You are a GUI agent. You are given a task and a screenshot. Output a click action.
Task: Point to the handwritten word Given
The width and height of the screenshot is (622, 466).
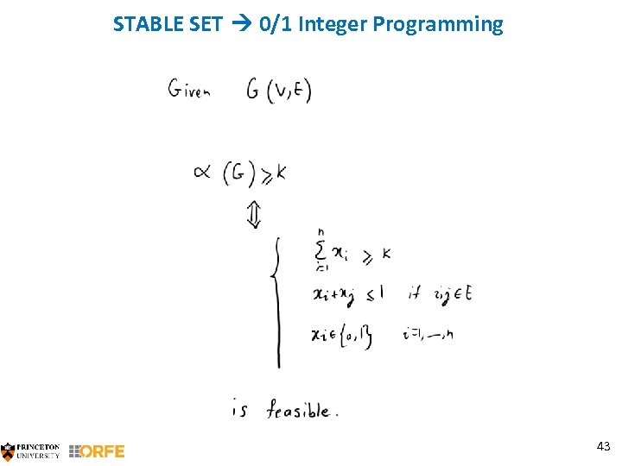point(189,89)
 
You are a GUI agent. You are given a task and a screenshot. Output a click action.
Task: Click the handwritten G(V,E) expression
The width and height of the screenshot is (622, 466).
point(278,89)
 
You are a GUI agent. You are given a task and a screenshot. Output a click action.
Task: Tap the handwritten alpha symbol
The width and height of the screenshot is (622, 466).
point(203,173)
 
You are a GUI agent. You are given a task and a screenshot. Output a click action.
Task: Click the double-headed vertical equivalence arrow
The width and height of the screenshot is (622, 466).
point(253,215)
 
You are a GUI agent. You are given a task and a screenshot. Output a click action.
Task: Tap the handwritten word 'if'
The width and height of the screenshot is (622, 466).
point(416,294)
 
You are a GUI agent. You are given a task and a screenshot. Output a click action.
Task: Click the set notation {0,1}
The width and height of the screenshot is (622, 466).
point(354,336)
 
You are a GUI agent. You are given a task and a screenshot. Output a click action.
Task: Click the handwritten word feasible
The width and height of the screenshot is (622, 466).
point(298,410)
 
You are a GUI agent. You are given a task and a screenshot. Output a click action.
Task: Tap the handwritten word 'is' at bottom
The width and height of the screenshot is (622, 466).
point(240,410)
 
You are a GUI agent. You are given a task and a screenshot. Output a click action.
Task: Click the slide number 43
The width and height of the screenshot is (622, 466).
point(603,446)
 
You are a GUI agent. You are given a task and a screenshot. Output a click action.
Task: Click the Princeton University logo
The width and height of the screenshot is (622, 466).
point(31,450)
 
